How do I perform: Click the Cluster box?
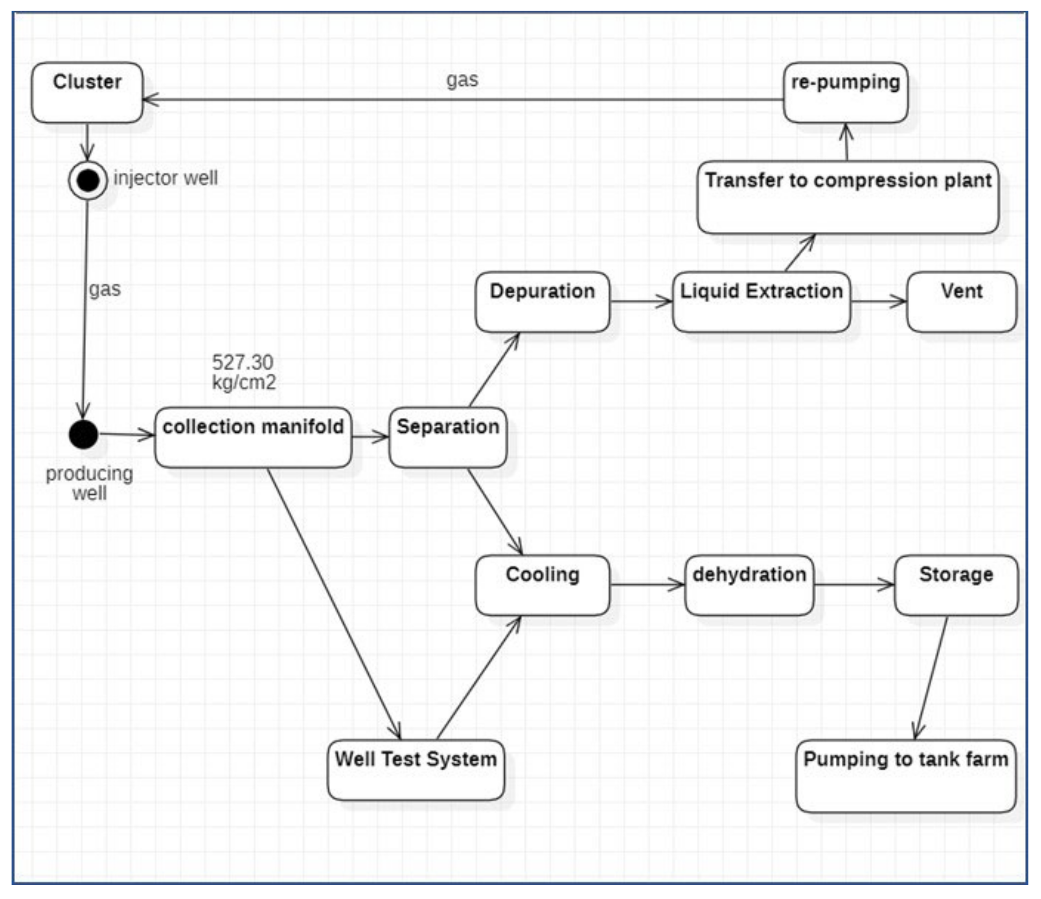(87, 93)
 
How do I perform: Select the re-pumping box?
(846, 93)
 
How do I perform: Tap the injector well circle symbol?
(88, 180)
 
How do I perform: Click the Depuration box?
(542, 302)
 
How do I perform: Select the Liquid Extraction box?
(761, 302)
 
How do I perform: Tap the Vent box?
(961, 302)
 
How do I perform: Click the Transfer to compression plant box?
(848, 197)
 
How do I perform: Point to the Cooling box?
(542, 585)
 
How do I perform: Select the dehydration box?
(749, 585)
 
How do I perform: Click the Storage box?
(956, 585)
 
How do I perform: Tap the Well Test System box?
(416, 770)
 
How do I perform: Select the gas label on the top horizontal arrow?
(462, 80)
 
